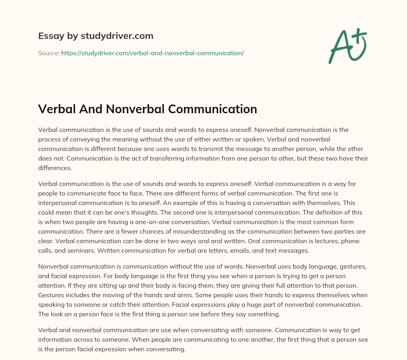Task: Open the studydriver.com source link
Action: (152, 53)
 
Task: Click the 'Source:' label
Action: (48, 53)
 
